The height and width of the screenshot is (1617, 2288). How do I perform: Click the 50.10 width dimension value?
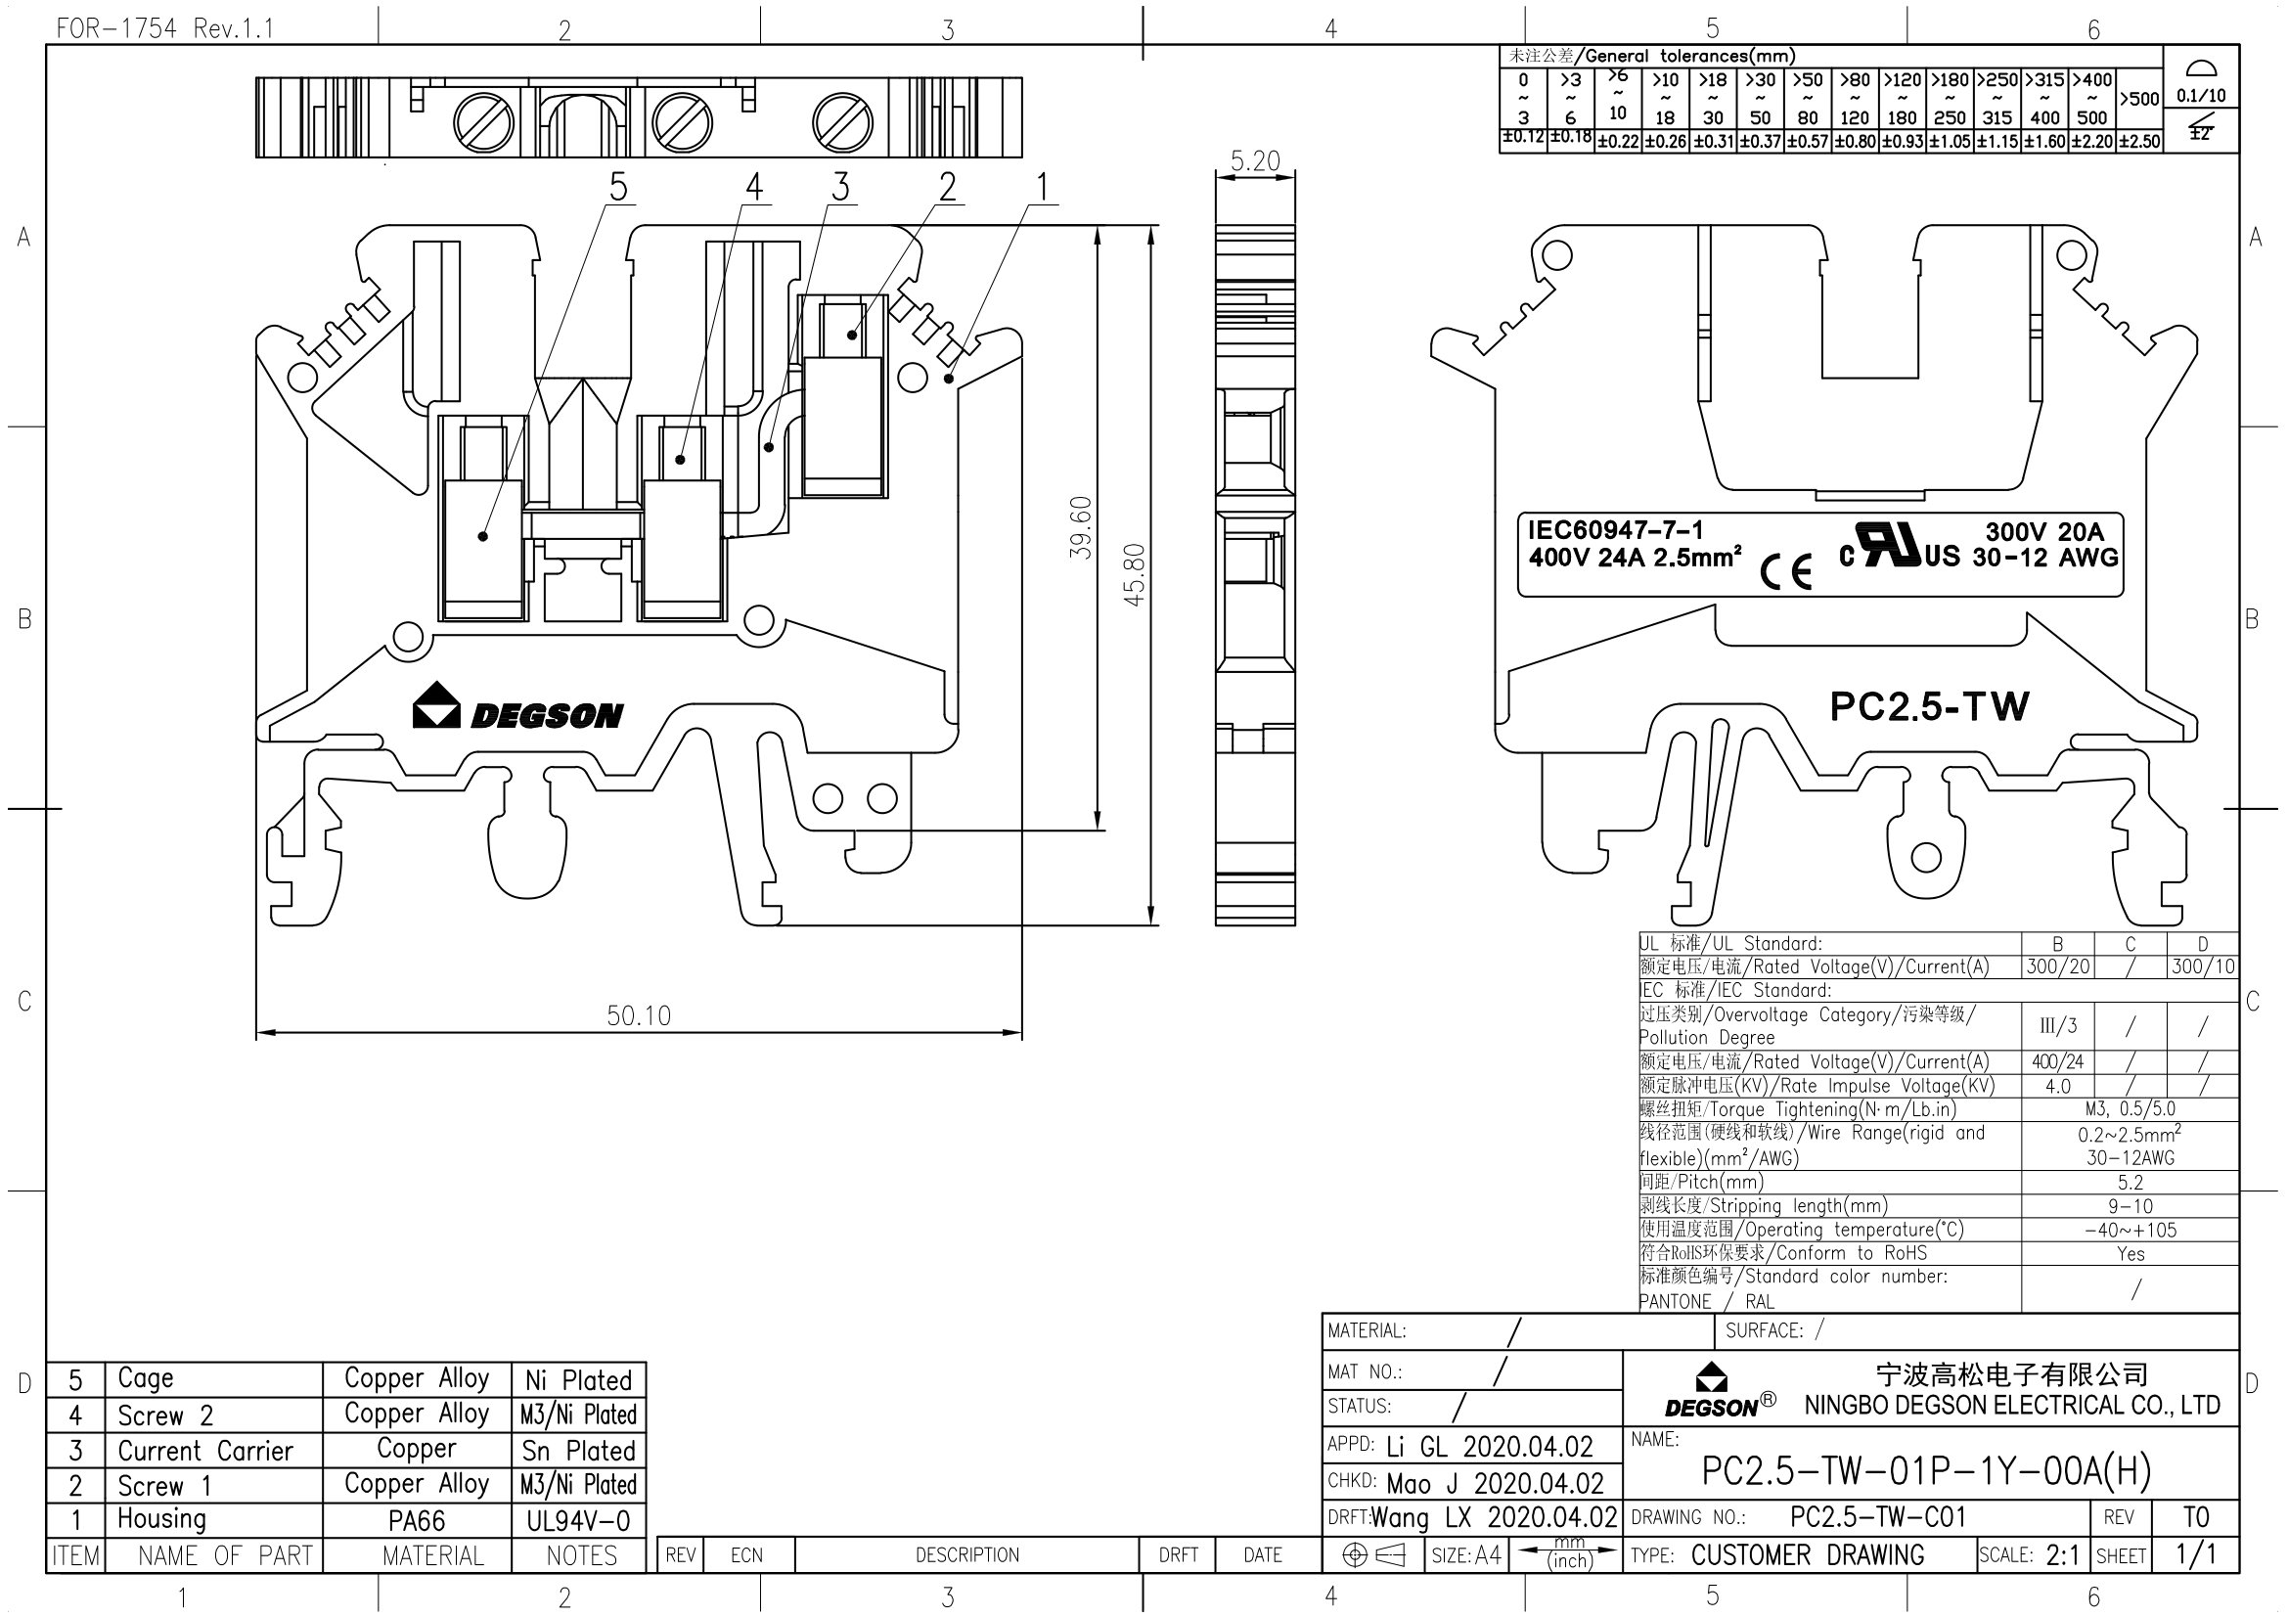tap(639, 1015)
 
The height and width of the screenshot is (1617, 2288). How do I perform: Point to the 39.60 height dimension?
tap(1081, 527)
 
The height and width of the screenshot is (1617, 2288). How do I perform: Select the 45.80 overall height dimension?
tap(1134, 575)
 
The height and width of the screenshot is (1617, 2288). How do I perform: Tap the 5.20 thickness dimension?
tap(1254, 161)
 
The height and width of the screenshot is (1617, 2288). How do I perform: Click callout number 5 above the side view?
tap(618, 186)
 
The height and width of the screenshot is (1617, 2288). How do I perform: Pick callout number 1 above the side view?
tap(1043, 186)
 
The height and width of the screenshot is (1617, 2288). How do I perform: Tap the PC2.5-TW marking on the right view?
tap(1928, 706)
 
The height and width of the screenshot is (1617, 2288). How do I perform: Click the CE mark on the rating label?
tap(1785, 572)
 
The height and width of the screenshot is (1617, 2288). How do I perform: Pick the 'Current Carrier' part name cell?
tap(205, 1451)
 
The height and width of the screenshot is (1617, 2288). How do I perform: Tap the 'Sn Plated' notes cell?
tap(578, 1451)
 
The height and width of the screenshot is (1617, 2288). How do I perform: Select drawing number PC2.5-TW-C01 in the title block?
tap(1877, 1517)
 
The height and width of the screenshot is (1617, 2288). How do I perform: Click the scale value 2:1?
tap(2061, 1555)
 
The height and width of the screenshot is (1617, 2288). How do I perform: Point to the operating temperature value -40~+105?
tap(2130, 1230)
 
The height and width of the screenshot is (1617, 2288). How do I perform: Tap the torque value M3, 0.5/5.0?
tap(2130, 1109)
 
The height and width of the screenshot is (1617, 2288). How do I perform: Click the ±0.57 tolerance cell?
tap(1807, 142)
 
